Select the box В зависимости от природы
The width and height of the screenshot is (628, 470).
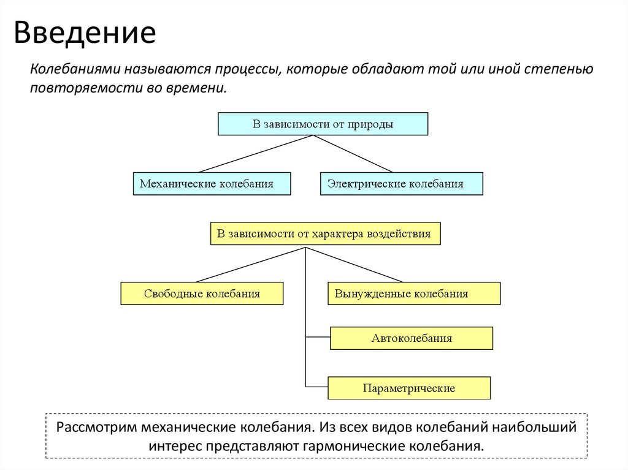click(323, 124)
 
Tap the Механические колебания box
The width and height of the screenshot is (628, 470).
click(212, 184)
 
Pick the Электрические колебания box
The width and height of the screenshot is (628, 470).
click(401, 184)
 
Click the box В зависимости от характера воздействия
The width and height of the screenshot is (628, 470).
click(325, 233)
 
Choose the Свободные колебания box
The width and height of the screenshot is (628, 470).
click(202, 294)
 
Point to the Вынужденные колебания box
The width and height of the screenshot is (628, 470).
click(414, 294)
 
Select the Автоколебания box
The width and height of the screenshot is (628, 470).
click(412, 338)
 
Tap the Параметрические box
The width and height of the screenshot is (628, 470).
click(409, 389)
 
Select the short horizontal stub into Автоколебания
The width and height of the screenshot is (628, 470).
click(318, 337)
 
